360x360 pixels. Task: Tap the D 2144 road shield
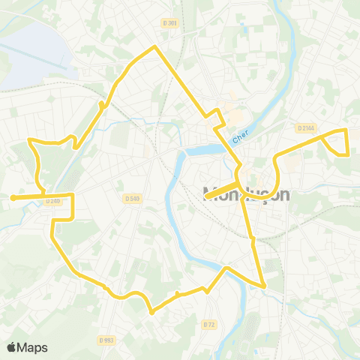point(305,128)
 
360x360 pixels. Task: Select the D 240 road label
point(52,201)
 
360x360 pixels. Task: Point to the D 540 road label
point(131,198)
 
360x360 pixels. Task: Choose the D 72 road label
point(209,324)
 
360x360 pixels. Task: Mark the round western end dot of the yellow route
point(13,198)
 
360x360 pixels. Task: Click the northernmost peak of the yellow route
point(155,47)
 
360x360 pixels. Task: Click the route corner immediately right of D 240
point(72,196)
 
